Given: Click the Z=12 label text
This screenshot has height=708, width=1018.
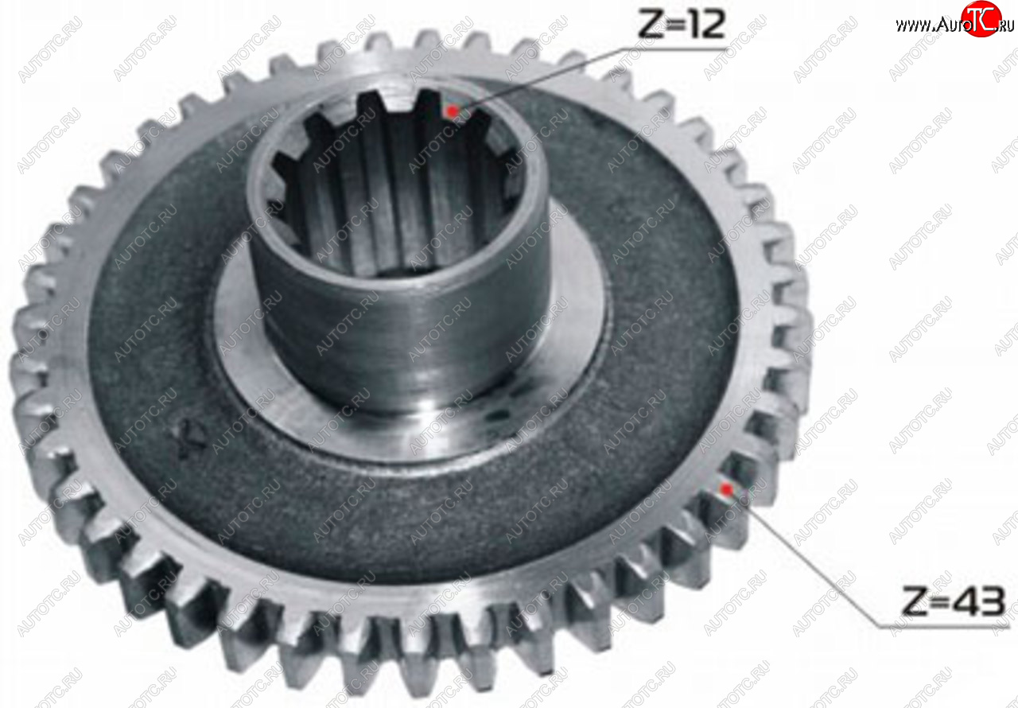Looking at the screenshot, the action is pyautogui.click(x=682, y=25).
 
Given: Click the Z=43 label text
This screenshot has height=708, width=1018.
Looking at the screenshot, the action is pyautogui.click(x=953, y=601).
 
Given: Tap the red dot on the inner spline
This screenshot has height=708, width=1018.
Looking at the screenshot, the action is pyautogui.click(x=452, y=111).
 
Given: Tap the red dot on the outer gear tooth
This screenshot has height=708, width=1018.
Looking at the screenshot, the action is pyautogui.click(x=727, y=489).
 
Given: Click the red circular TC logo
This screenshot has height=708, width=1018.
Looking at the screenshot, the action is pyautogui.click(x=981, y=18).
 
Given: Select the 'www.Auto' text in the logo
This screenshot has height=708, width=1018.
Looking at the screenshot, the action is pyautogui.click(x=928, y=25).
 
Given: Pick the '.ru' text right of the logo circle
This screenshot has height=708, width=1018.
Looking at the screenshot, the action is pyautogui.click(x=1007, y=26).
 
